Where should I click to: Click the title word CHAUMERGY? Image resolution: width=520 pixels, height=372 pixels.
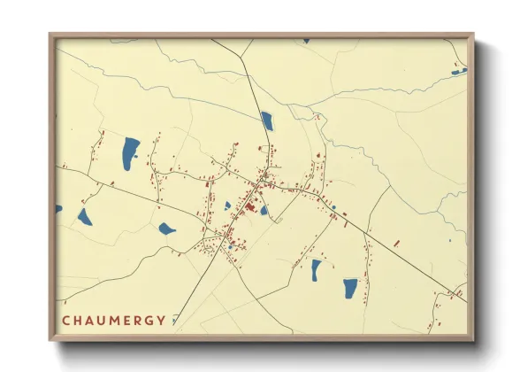click(x=113, y=320)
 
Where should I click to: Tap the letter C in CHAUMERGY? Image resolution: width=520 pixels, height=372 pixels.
click(x=65, y=320)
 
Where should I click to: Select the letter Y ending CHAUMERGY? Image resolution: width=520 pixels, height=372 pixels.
click(x=161, y=320)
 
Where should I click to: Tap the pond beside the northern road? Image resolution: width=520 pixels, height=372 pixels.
click(x=267, y=121)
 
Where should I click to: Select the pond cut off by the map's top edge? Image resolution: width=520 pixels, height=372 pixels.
click(x=306, y=41)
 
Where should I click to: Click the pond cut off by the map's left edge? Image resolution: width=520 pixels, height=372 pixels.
click(x=59, y=209)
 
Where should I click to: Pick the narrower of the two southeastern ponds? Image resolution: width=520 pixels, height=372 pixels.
click(x=316, y=270)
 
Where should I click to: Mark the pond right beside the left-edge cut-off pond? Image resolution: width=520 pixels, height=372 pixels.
click(x=84, y=217)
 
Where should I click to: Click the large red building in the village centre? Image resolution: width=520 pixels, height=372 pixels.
click(x=250, y=208)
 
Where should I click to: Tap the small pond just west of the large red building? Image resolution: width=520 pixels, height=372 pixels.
click(x=227, y=205)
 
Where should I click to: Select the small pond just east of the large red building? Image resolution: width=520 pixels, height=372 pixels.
click(x=264, y=211)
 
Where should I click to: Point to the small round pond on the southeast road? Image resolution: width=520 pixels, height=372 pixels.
click(x=333, y=208)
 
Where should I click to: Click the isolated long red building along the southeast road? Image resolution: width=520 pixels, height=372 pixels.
click(x=395, y=242)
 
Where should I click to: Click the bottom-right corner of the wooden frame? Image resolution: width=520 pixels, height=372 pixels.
click(x=472, y=339)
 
